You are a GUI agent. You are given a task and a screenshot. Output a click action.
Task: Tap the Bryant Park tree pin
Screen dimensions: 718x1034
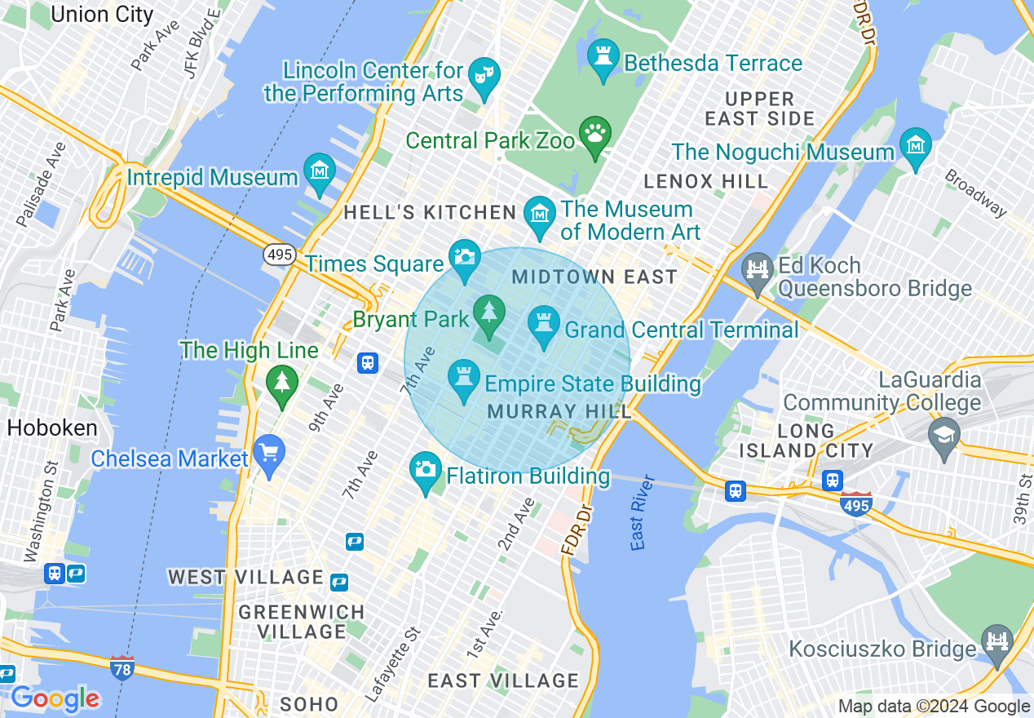(x=489, y=313)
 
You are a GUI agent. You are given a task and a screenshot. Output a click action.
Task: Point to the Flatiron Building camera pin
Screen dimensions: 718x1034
(x=425, y=470)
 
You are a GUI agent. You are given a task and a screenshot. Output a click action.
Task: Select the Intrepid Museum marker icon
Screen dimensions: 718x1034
(x=319, y=171)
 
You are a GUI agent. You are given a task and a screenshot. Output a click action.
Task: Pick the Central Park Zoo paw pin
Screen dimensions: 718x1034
(x=595, y=134)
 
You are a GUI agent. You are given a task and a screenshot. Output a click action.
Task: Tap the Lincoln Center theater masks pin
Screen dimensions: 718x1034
(x=485, y=75)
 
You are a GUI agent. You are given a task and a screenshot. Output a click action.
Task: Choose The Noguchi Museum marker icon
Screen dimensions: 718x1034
(x=916, y=145)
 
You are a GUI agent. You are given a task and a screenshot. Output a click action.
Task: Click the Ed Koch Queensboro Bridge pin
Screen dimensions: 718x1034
(x=758, y=271)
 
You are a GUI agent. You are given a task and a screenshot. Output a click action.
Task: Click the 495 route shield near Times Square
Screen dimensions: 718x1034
(x=279, y=255)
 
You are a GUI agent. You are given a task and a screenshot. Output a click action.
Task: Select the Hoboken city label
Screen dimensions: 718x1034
(x=51, y=428)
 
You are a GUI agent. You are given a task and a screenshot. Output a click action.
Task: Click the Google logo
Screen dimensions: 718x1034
(x=55, y=698)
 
